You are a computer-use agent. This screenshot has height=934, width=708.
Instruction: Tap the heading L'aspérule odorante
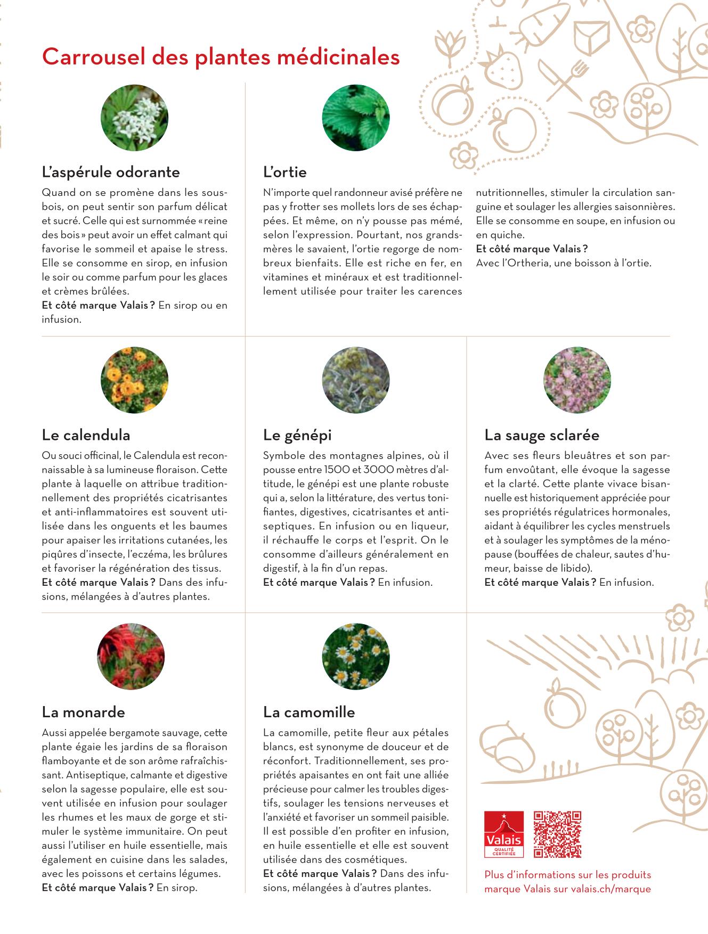pos(111,172)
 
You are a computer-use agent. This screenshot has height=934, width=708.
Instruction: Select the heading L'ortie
pos(284,172)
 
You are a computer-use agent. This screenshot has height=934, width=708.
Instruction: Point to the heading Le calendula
pos(86,435)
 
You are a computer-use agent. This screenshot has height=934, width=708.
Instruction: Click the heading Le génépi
pos(297,435)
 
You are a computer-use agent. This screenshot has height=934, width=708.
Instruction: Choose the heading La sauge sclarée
pos(542,435)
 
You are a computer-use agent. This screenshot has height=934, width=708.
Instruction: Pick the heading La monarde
pos(83,712)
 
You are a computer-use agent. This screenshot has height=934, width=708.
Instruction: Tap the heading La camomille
pos(309,712)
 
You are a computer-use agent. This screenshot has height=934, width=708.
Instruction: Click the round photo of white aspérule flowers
pos(134,118)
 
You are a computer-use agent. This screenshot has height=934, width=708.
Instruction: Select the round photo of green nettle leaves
pos(356,118)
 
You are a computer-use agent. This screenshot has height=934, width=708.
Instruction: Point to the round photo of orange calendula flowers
pos(134,380)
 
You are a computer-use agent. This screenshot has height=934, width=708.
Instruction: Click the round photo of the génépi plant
pos(356,380)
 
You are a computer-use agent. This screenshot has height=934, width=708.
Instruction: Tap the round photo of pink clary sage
pos(577,380)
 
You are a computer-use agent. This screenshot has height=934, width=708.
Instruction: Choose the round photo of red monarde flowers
pos(131,657)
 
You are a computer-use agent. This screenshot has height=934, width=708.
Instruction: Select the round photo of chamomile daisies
pos(356,657)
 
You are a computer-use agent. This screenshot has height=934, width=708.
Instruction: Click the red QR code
pos(557,834)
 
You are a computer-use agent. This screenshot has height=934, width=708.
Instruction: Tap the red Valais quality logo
pos(503,834)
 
